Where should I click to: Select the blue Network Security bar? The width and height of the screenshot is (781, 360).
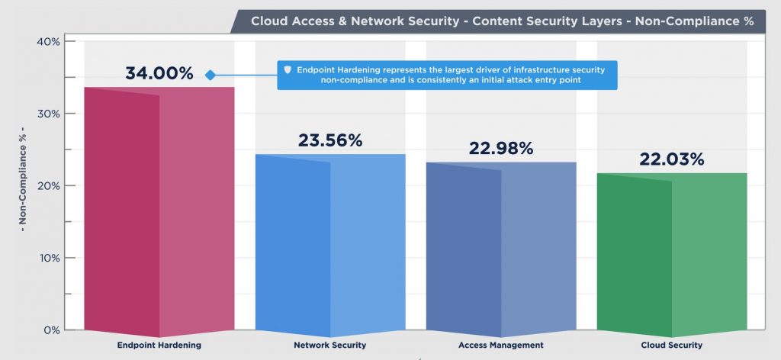click(x=330, y=245)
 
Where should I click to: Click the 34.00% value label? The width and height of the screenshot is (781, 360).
click(x=159, y=74)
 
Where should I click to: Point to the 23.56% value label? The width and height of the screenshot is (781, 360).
click(x=330, y=140)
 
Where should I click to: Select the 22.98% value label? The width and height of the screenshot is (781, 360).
click(x=501, y=149)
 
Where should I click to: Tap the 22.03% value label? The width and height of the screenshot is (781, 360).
click(x=672, y=159)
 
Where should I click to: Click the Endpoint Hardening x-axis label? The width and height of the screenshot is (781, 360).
click(x=159, y=346)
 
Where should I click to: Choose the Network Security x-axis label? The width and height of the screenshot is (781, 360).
click(x=330, y=346)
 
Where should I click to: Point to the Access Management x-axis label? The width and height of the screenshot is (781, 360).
click(x=501, y=346)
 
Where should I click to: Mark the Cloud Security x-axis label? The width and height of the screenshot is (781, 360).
click(x=672, y=346)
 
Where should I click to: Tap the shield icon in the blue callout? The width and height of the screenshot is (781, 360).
click(x=288, y=70)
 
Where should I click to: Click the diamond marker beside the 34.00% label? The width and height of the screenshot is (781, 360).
click(x=210, y=75)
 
